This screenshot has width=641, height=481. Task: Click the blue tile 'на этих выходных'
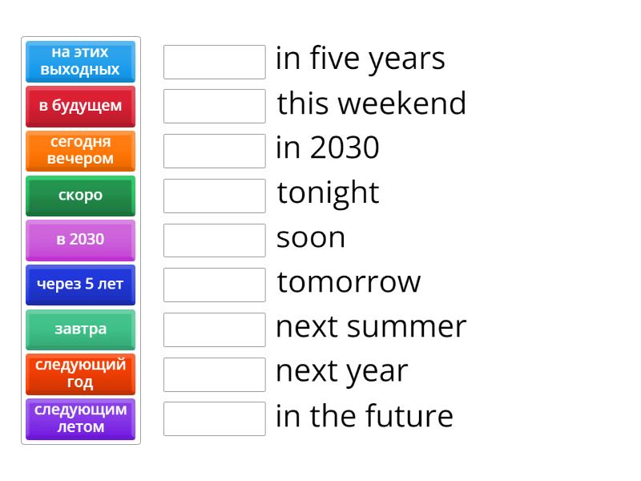tap(80, 61)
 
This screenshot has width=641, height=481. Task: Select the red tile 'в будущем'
tap(80, 106)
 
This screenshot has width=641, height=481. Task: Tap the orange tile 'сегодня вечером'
tap(80, 151)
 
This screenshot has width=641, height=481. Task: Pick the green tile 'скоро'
tap(80, 196)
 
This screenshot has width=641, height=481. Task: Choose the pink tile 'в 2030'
tap(80, 240)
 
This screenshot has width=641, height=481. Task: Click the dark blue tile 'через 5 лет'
tap(80, 285)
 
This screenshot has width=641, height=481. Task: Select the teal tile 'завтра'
tap(80, 329)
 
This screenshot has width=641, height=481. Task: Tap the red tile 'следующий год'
tap(80, 374)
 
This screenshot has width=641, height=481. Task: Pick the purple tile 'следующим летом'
tap(80, 418)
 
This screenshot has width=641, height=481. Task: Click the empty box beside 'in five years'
tap(214, 62)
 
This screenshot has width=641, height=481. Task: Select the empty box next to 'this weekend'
tap(214, 106)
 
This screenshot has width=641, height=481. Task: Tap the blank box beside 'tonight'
tap(214, 196)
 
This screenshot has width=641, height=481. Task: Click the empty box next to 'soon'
tap(214, 240)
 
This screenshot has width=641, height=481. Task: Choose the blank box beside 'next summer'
tap(214, 329)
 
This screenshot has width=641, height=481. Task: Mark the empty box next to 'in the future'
tap(214, 418)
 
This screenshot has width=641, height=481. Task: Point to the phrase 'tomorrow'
tap(349, 282)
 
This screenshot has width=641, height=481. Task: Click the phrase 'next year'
tap(341, 372)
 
